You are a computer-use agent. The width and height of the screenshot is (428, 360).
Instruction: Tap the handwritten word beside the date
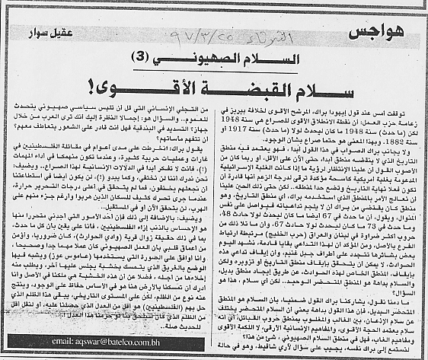pos(196,35)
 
